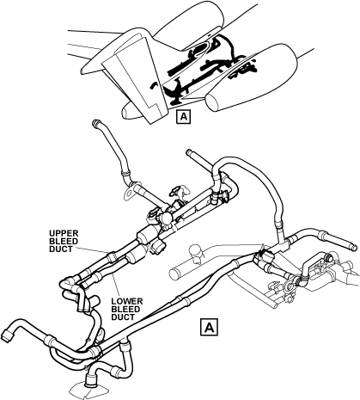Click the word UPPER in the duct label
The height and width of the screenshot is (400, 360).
(64, 233)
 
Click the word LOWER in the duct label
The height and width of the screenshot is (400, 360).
(127, 302)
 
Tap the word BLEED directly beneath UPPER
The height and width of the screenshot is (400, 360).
(64, 241)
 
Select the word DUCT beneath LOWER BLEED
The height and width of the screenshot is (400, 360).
(123, 317)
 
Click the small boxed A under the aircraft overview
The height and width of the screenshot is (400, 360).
(184, 116)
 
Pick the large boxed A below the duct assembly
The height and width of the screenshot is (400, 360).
(209, 327)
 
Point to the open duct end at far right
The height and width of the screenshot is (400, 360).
(353, 246)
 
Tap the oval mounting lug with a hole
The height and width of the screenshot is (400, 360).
(130, 193)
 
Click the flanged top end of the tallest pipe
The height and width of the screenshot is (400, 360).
(95, 123)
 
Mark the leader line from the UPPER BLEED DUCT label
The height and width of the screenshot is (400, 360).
(93, 250)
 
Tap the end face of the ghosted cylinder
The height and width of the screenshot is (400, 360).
(174, 274)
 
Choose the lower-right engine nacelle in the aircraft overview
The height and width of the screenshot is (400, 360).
(252, 77)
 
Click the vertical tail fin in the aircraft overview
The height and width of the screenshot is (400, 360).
(135, 77)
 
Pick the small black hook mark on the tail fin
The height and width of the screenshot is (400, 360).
(154, 85)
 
